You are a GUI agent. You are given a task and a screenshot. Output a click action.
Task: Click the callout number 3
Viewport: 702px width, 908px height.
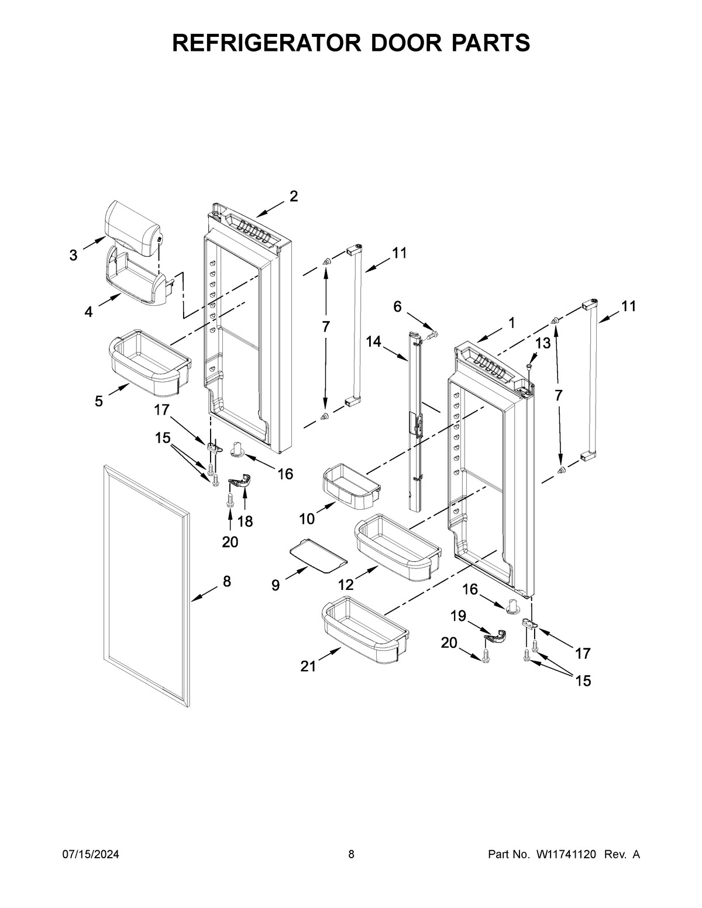tap(73, 255)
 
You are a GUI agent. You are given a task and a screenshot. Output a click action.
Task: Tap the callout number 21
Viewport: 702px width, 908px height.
tap(308, 666)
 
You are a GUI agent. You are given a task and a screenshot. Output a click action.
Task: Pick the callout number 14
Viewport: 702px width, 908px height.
tap(374, 341)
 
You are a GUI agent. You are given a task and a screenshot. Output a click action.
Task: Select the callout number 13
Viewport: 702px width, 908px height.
tap(543, 343)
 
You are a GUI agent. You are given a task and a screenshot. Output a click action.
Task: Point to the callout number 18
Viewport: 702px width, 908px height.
tap(245, 522)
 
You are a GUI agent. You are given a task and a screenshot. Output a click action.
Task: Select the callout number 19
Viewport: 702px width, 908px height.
tap(458, 615)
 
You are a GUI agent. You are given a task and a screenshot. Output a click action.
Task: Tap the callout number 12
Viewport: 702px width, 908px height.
tap(346, 584)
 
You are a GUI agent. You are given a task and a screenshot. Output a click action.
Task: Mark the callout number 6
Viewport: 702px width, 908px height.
tap(397, 306)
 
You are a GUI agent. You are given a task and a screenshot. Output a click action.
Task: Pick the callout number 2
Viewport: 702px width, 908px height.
tap(294, 196)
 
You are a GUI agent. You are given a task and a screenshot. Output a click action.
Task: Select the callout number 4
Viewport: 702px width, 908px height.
tap(88, 312)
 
